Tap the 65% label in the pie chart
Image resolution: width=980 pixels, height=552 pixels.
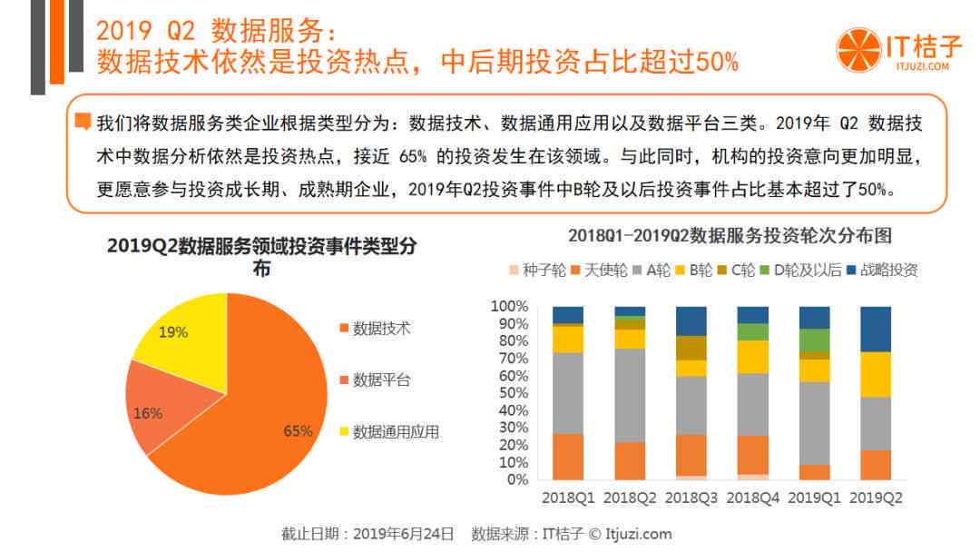click(298, 431)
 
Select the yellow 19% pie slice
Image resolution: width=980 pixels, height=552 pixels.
click(181, 336)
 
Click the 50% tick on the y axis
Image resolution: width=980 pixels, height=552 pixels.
click(513, 393)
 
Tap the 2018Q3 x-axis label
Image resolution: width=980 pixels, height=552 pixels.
click(691, 498)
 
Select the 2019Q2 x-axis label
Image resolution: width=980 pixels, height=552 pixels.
click(876, 498)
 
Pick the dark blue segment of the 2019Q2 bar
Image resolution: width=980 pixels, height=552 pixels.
click(876, 329)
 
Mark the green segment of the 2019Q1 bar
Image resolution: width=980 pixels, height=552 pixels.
click(814, 340)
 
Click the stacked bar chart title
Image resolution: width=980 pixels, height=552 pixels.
click(730, 236)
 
